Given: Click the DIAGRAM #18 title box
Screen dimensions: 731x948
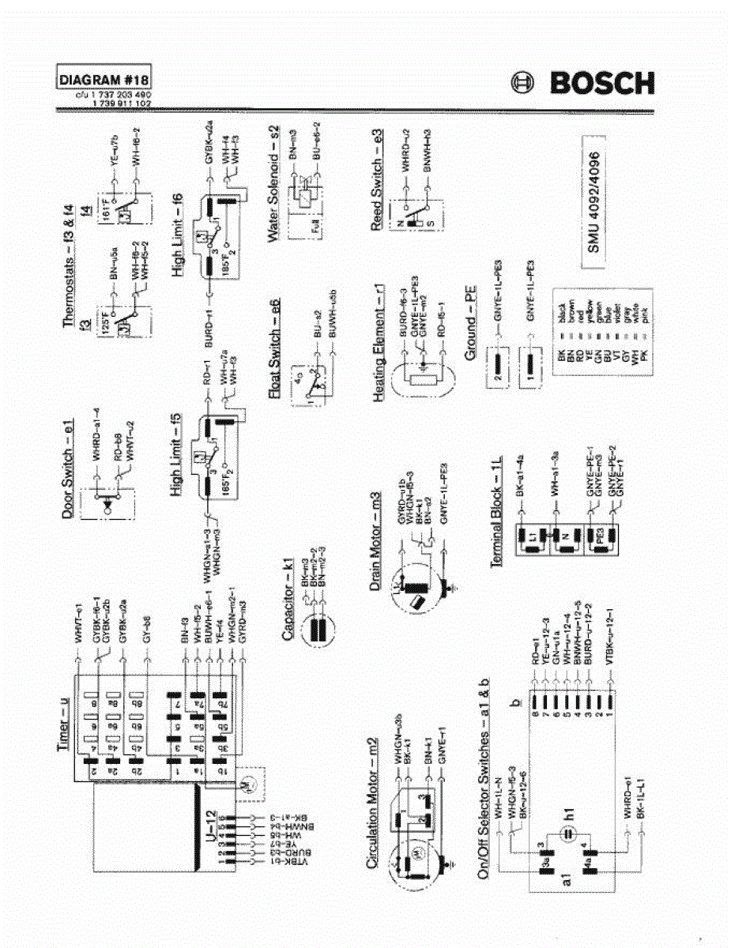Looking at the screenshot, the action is (x=104, y=81).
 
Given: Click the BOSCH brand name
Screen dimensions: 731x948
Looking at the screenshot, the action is (x=602, y=82).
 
